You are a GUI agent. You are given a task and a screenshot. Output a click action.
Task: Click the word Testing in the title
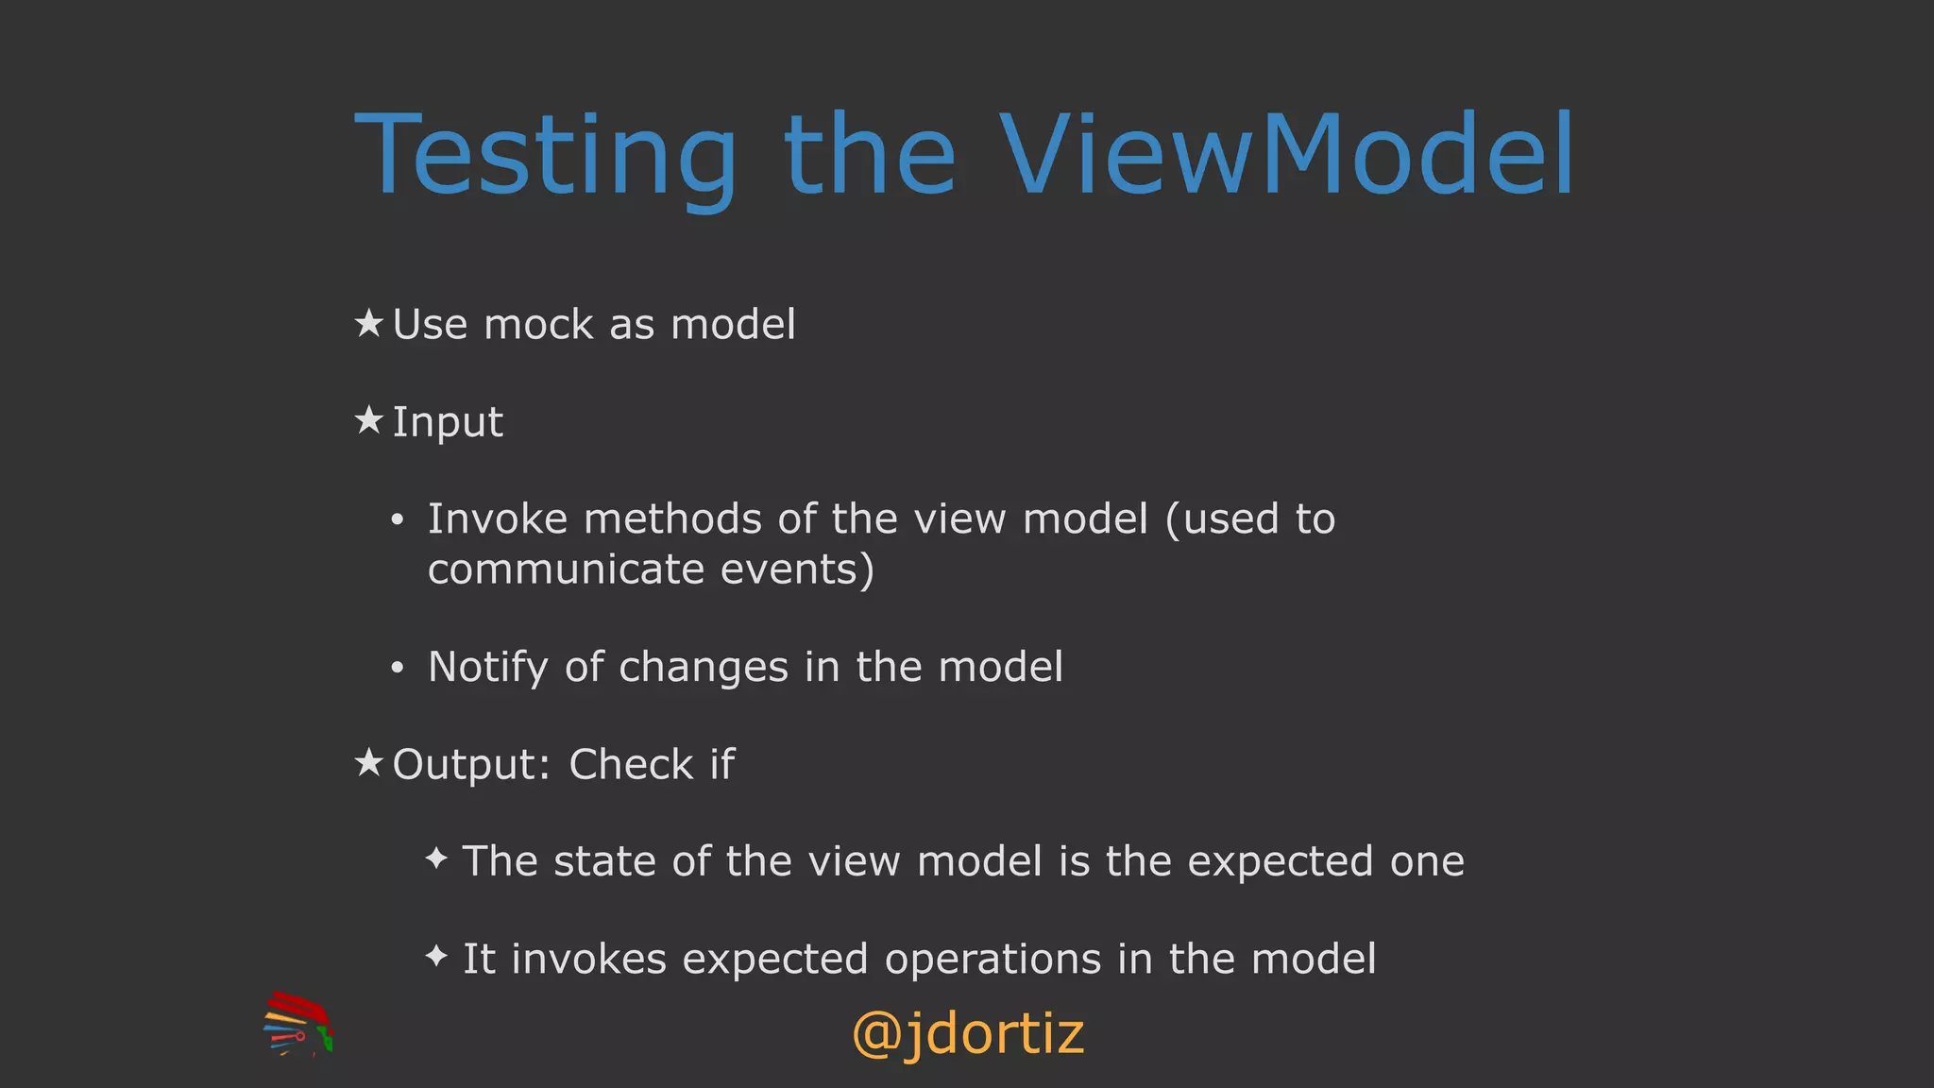[x=545, y=156]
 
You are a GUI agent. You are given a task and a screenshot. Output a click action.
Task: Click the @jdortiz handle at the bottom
[x=968, y=1033]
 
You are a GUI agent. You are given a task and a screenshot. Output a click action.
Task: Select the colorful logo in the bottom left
[x=297, y=1024]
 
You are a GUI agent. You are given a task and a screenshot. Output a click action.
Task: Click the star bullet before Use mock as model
[x=368, y=324]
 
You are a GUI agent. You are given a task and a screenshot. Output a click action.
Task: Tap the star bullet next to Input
[x=368, y=420]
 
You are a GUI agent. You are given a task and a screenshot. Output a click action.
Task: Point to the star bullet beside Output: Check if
[x=368, y=762]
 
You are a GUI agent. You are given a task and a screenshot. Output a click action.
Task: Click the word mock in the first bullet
[x=537, y=325]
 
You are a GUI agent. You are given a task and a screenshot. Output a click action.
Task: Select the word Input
[x=448, y=422]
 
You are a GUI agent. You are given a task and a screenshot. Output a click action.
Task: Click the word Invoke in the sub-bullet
[x=498, y=519]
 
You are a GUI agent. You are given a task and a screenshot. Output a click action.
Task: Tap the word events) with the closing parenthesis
[x=797, y=570]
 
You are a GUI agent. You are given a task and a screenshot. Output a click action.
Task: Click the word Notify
[x=487, y=668]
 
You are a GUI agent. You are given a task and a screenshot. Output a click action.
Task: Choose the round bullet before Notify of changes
[x=398, y=669]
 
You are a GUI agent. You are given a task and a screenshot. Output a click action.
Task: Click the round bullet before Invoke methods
[x=398, y=520]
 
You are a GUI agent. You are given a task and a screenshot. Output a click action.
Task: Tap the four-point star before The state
[x=436, y=858]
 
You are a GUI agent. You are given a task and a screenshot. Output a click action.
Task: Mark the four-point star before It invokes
[x=436, y=957]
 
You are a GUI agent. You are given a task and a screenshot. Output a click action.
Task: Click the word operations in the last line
[x=992, y=960]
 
